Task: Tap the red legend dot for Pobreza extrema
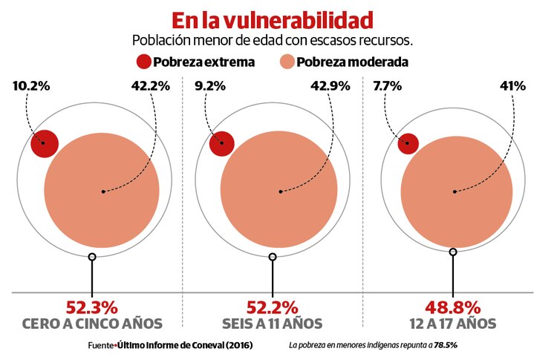click(x=143, y=62)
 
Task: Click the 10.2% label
click(x=31, y=86)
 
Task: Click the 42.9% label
click(x=330, y=86)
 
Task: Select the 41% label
click(x=512, y=86)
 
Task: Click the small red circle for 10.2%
click(x=44, y=143)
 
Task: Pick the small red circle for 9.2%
click(x=221, y=143)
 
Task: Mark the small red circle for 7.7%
click(x=408, y=143)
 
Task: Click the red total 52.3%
click(x=92, y=307)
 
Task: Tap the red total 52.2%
click(x=272, y=307)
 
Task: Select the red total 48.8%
click(x=452, y=307)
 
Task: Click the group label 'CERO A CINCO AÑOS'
click(x=92, y=324)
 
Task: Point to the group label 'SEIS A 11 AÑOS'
click(x=272, y=324)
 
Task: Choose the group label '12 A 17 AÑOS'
click(x=452, y=324)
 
